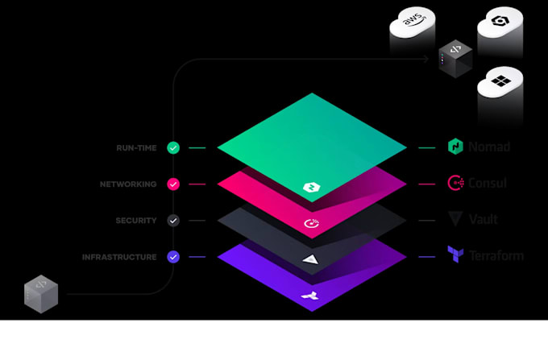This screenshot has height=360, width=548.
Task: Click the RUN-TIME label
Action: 136,148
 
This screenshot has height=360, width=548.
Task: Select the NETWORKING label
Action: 128,184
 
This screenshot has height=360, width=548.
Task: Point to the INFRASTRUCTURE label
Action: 119,258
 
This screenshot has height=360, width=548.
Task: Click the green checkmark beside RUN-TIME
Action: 173,148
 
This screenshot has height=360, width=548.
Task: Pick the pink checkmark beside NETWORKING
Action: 173,184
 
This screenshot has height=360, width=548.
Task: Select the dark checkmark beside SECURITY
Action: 173,221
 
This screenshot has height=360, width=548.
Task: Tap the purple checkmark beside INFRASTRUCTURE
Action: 173,258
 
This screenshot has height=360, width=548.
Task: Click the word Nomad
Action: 489,147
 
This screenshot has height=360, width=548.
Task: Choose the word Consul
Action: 488,184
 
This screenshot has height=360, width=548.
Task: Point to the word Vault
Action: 484,219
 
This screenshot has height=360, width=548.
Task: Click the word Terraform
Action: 496,256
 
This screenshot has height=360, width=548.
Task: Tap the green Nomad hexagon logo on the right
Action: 455,147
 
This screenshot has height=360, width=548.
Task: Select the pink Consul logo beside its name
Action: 455,184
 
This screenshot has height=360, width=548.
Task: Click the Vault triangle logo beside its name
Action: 455,219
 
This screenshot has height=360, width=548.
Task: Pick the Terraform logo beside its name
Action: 455,255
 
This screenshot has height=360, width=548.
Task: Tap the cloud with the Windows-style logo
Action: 500,83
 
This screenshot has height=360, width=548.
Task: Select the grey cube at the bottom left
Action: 41,293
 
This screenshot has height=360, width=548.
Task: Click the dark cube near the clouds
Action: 455,58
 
